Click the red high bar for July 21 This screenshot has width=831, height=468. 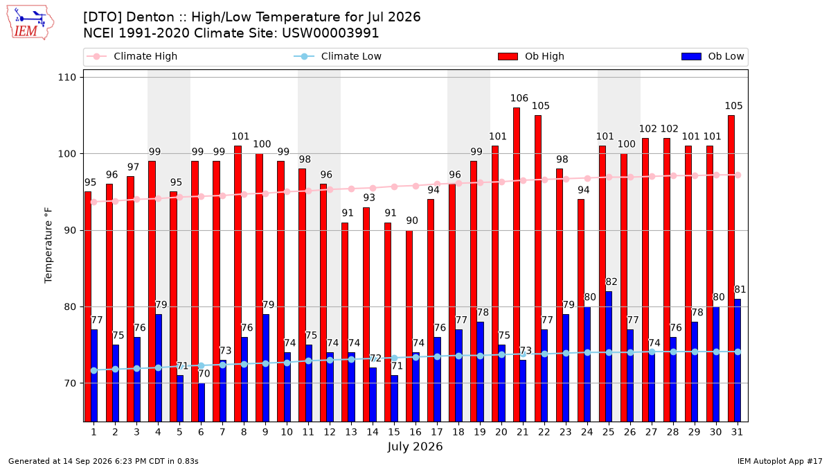[517, 264]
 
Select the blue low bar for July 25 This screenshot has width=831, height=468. [609, 356]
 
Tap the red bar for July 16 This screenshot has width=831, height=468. [409, 326]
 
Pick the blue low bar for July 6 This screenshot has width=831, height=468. [202, 402]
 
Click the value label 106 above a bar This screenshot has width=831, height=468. [519, 98]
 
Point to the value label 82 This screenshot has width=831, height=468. [611, 282]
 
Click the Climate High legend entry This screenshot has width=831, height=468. [132, 56]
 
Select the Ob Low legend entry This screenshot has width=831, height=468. [713, 56]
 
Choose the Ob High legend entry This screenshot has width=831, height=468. [531, 56]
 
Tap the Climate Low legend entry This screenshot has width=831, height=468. [337, 56]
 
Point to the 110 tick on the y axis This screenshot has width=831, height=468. [66, 77]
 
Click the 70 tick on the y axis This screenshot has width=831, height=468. [70, 383]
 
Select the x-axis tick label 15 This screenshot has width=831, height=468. [394, 432]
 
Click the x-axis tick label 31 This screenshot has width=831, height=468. [737, 432]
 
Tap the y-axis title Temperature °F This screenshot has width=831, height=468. [48, 245]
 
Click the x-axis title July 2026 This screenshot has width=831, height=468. [415, 447]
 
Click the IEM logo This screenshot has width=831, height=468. [30, 23]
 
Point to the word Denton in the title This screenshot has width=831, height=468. [150, 17]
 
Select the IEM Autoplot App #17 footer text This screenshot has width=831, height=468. [780, 461]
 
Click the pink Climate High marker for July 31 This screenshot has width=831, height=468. [738, 175]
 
